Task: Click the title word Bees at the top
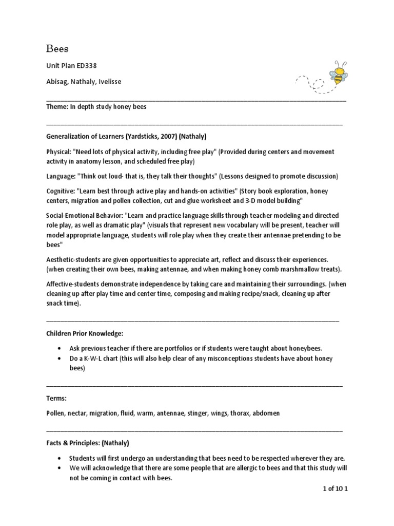[x=57, y=49]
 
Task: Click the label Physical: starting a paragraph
[x=58, y=152]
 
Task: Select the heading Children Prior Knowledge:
[x=85, y=333]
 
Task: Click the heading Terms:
[x=56, y=398]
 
